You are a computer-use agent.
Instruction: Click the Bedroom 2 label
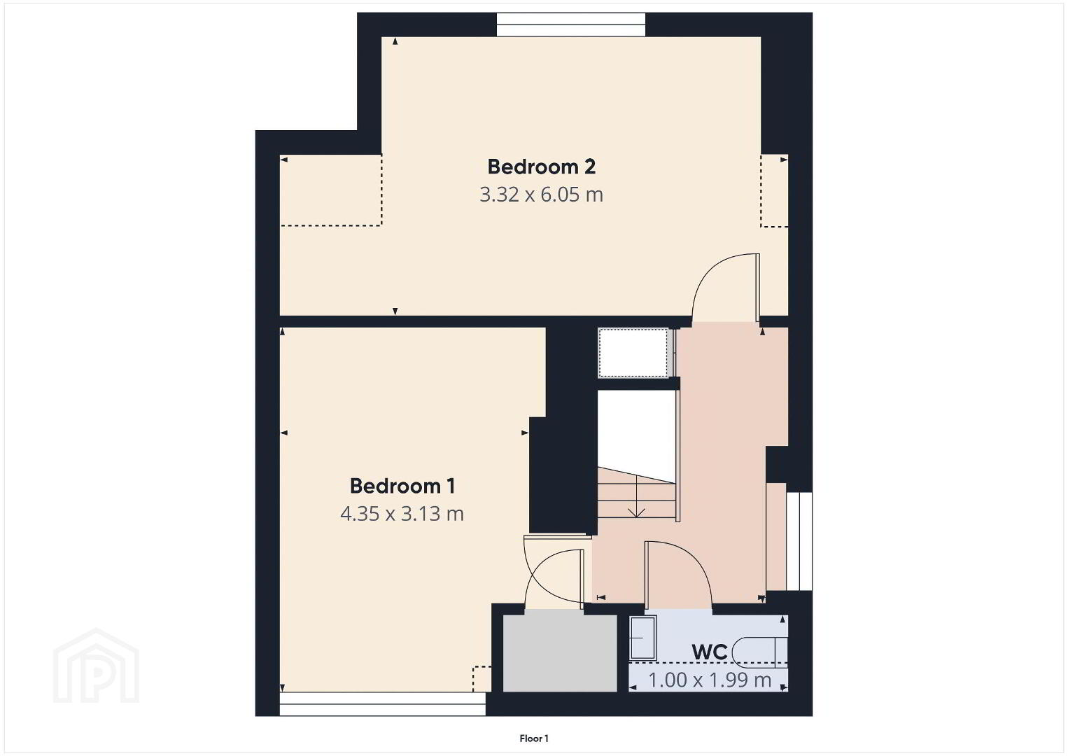pos(541,167)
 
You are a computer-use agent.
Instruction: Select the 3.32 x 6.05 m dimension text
pos(541,195)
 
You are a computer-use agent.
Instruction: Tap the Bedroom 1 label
pos(402,486)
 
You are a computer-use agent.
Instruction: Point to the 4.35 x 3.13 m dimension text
pos(402,514)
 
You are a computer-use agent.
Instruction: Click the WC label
pos(710,652)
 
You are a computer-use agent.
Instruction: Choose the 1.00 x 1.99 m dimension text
pos(710,680)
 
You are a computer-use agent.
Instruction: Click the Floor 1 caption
pos(534,738)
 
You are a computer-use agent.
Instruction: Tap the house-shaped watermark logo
pos(96,666)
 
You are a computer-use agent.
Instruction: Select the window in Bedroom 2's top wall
pos(571,24)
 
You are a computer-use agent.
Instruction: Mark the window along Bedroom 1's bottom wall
pos(382,704)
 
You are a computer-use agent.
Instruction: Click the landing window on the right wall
pos(799,541)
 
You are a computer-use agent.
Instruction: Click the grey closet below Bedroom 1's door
pos(560,653)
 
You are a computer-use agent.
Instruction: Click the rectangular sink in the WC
pos(642,637)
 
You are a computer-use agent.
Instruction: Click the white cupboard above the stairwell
pos(634,353)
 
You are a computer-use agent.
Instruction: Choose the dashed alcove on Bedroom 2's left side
pos(331,190)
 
